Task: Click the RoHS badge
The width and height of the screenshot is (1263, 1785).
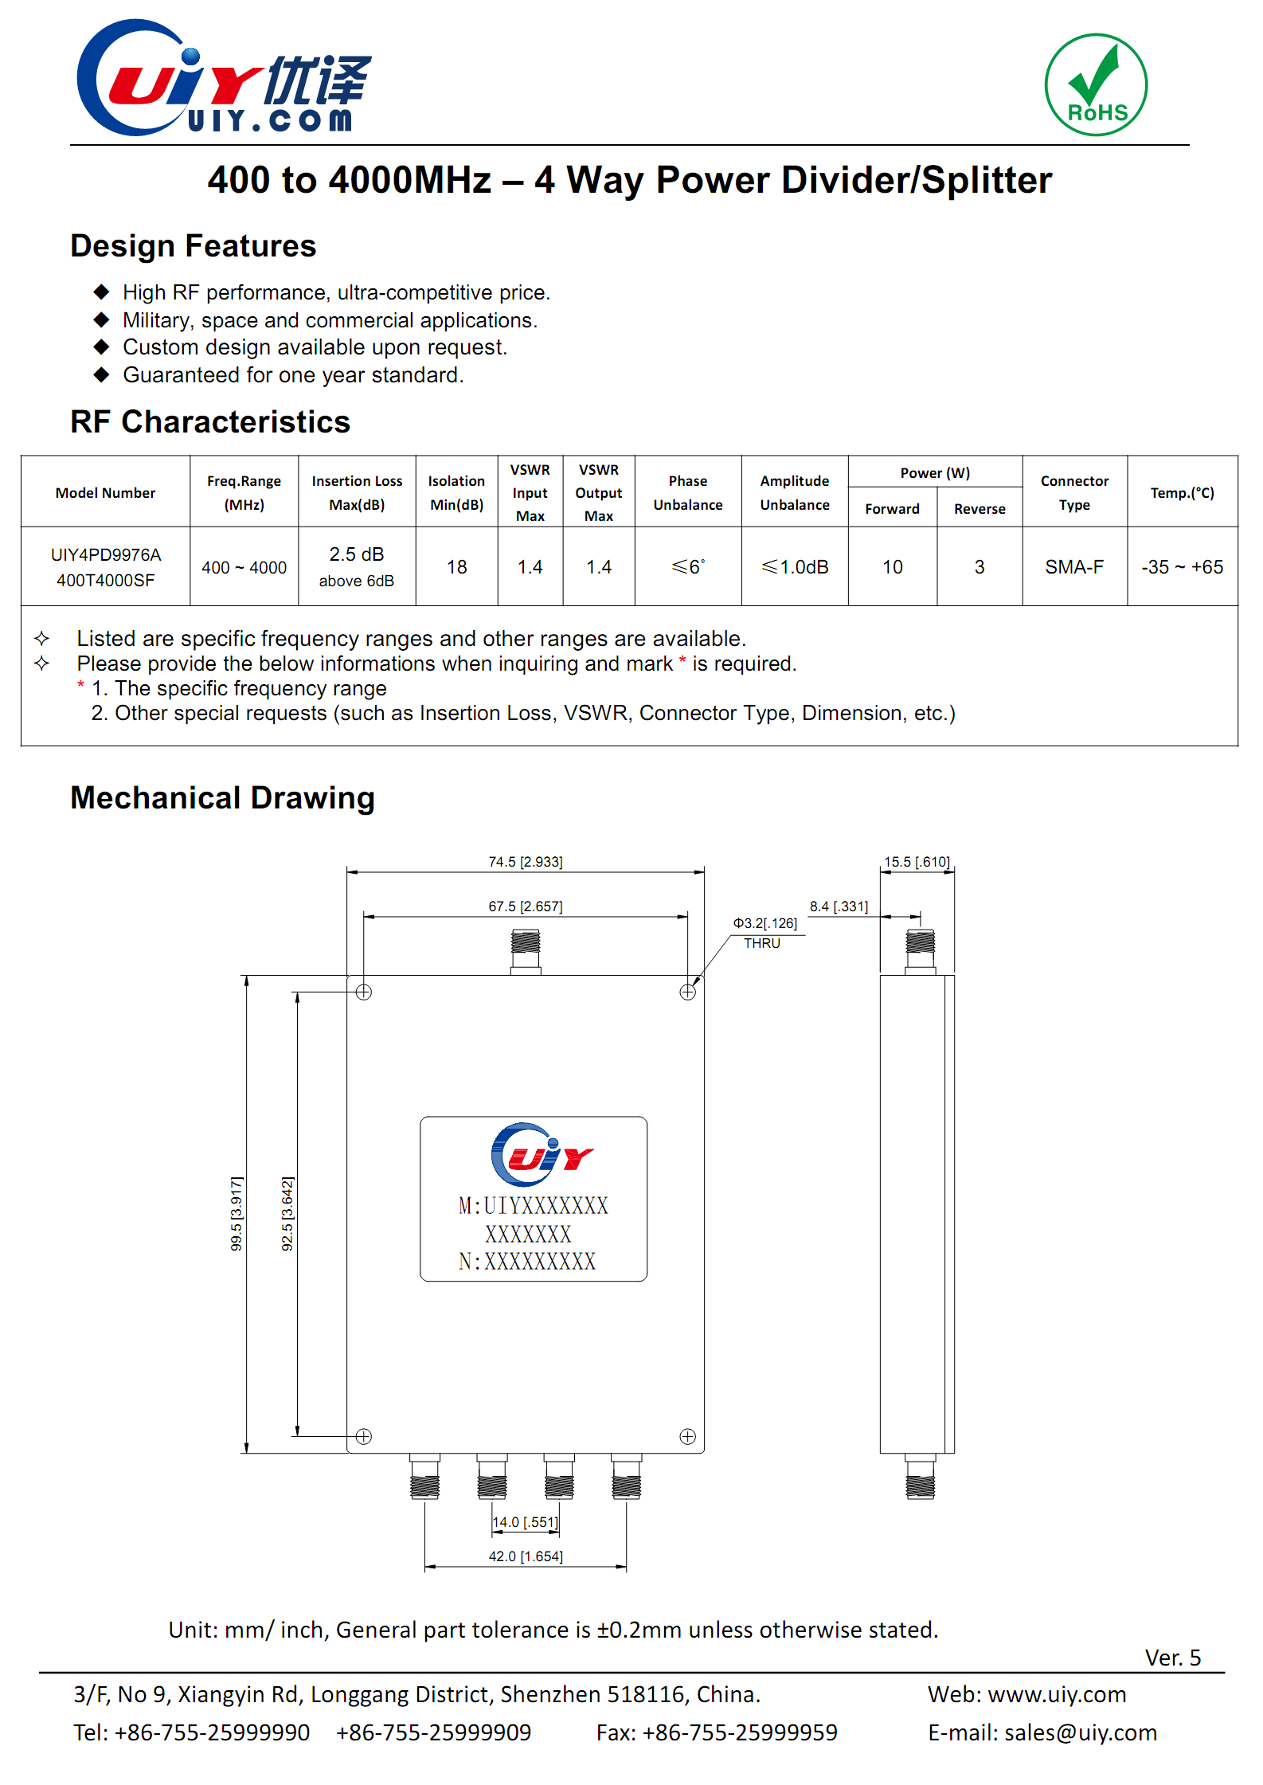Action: tap(1096, 84)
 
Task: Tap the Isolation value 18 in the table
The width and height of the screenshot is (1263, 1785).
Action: tap(456, 567)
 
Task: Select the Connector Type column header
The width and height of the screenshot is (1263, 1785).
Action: tap(1074, 492)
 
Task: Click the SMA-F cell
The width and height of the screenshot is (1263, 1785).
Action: tap(1074, 567)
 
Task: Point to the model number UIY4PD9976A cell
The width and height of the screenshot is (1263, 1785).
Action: tap(106, 567)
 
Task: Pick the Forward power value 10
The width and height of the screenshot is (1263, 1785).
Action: tap(892, 567)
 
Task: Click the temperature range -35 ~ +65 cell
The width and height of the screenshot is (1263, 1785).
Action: tap(1182, 567)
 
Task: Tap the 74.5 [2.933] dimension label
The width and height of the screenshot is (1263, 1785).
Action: tap(526, 862)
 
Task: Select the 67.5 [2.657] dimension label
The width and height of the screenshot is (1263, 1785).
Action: tap(526, 906)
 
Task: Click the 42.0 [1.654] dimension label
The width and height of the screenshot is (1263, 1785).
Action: tap(526, 1556)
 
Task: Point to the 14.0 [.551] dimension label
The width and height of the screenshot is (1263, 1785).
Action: tap(526, 1522)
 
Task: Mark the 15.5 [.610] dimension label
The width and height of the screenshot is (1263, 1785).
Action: tap(917, 862)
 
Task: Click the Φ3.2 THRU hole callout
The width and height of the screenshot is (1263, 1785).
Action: tap(764, 933)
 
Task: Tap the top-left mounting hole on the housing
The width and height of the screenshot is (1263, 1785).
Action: tap(364, 992)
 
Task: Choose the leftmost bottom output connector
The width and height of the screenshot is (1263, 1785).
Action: tap(425, 1478)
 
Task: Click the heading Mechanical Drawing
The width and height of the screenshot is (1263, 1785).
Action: tap(222, 798)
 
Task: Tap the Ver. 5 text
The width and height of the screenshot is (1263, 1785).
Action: tap(1172, 1658)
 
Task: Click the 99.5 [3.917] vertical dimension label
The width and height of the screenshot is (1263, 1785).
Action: tap(237, 1213)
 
